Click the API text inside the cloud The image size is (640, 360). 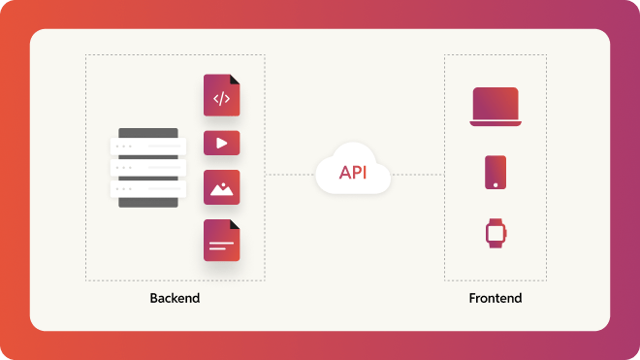(353, 173)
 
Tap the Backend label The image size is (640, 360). (175, 298)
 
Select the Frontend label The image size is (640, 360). (495, 298)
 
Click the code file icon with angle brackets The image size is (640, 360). (221, 97)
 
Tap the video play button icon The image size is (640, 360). (221, 143)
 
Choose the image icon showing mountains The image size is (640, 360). (221, 188)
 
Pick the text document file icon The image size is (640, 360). (221, 241)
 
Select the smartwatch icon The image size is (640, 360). (496, 233)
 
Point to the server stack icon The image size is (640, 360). (148, 167)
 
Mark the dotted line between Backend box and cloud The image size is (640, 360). (290, 175)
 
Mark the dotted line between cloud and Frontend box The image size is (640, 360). (417, 175)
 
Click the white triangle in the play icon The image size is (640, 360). (222, 143)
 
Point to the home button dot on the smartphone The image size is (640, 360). (496, 183)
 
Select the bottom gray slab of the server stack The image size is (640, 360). (148, 201)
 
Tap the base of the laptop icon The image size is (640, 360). (496, 122)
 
